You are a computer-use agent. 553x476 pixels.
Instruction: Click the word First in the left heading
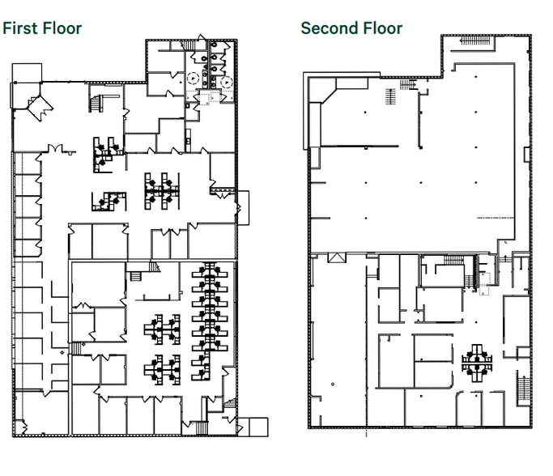[19, 28]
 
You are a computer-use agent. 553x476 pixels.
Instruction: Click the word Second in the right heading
[327, 28]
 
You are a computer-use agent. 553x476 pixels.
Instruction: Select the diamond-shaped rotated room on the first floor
[40, 108]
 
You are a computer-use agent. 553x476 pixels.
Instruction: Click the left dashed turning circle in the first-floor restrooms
[194, 78]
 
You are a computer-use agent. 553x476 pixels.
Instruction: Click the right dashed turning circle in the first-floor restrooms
[227, 82]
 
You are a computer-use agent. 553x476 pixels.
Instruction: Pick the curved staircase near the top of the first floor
[96, 104]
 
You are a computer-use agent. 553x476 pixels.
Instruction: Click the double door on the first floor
[55, 148]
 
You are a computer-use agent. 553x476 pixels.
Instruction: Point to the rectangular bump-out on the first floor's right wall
[243, 208]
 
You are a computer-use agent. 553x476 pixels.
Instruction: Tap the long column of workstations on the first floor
[210, 321]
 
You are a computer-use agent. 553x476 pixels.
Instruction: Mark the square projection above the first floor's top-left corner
[27, 73]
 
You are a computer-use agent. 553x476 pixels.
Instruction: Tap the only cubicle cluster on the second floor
[477, 363]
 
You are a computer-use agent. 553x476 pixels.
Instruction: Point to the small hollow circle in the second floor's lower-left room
[333, 384]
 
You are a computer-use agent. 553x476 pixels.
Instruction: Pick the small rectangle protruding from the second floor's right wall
[527, 155]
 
